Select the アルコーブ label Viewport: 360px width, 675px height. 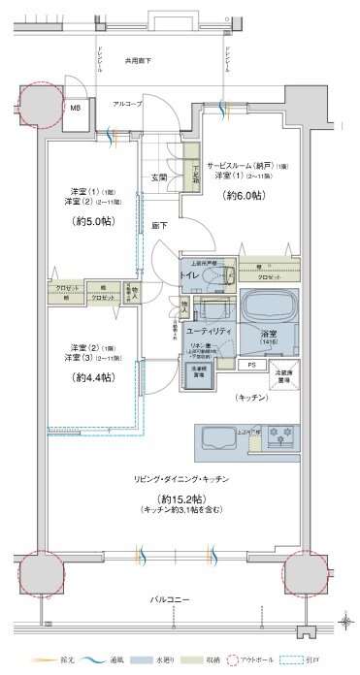click(127, 102)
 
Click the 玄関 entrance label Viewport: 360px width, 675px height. click(159, 177)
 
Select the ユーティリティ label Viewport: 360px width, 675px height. click(208, 331)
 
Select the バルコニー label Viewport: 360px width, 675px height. click(171, 600)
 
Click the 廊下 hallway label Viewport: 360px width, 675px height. click(158, 225)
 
